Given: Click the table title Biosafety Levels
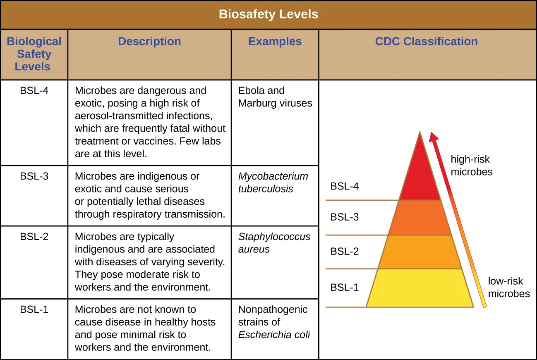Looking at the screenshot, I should (x=268, y=14).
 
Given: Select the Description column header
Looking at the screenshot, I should (x=149, y=41).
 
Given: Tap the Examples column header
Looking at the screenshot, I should (x=275, y=41).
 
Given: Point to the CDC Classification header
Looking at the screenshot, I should (x=426, y=41).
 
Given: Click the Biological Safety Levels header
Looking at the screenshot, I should (x=34, y=54).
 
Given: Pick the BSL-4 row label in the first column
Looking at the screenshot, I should (x=34, y=90).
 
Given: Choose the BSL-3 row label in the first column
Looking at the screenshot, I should (x=34, y=176).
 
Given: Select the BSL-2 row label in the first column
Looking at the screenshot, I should (x=34, y=237).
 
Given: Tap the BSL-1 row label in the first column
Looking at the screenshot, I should (x=34, y=310).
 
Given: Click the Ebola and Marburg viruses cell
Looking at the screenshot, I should (x=275, y=97).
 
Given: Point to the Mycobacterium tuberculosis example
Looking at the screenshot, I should (x=273, y=182).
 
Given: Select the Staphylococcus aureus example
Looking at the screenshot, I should (x=274, y=243).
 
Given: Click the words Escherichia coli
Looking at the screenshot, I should (x=274, y=335).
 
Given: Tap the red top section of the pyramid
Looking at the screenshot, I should (x=420, y=178).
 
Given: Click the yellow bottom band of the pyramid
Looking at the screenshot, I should (x=420, y=288).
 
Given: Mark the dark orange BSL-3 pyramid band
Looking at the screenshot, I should (x=420, y=218).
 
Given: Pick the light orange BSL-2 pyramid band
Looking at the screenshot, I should (x=420, y=252).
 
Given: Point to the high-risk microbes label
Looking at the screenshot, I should (x=472, y=166).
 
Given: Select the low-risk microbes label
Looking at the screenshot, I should (x=508, y=287).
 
